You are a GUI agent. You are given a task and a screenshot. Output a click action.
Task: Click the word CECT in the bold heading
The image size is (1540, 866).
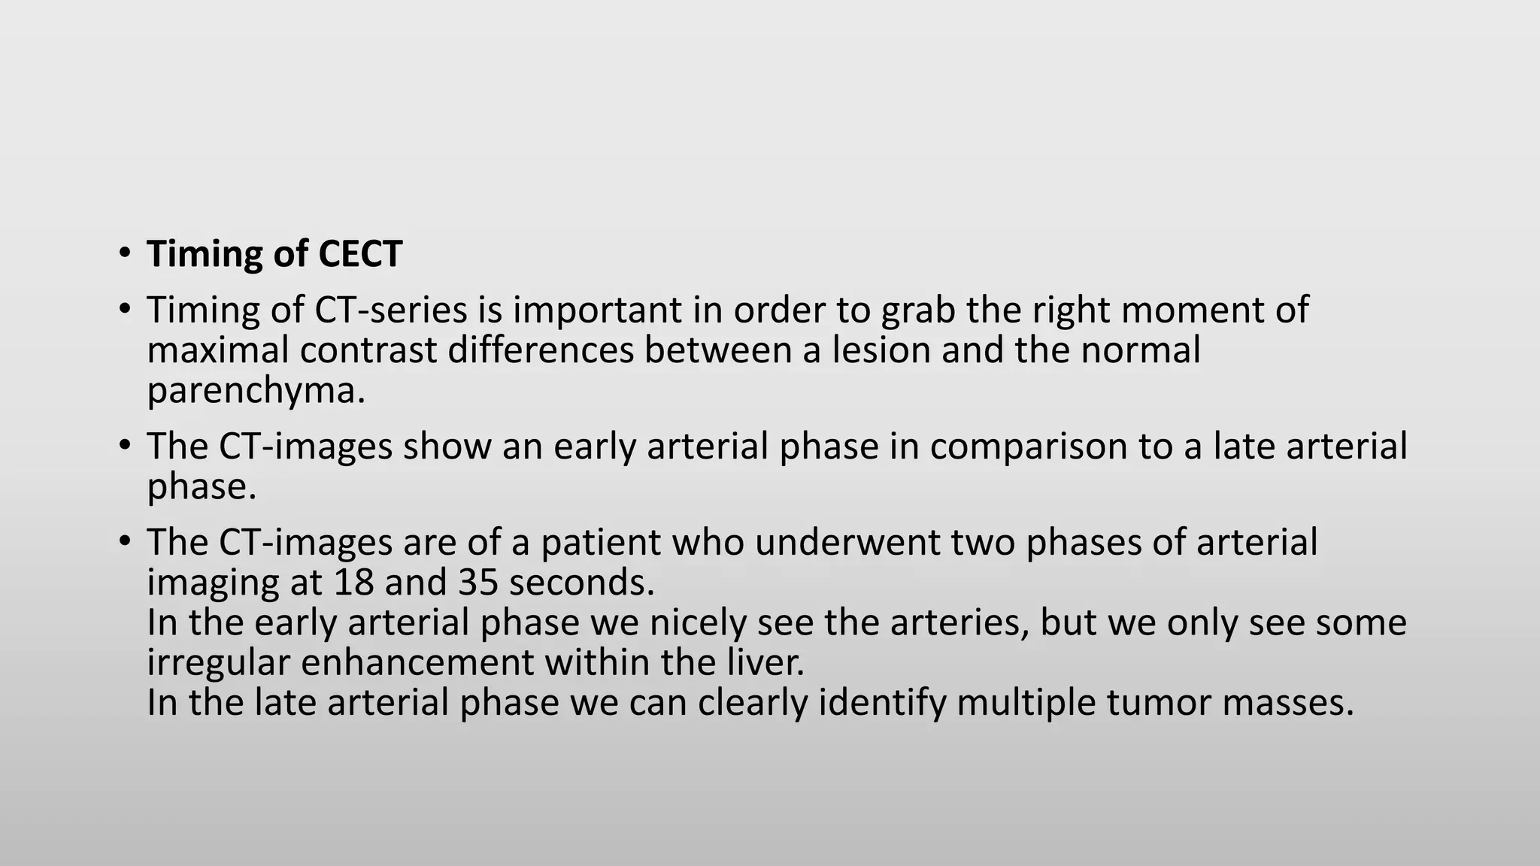[360, 254]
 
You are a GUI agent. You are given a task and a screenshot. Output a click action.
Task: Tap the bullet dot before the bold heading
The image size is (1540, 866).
[125, 252]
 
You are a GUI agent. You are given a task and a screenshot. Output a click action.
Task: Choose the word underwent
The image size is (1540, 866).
[847, 542]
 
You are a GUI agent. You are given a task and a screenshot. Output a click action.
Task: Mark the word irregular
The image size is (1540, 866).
[218, 663]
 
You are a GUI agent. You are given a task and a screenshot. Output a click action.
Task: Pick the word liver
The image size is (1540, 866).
[768, 663]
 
